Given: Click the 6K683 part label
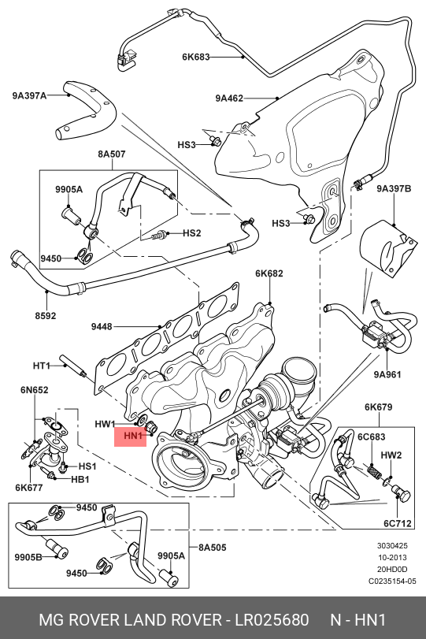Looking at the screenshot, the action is (195, 57).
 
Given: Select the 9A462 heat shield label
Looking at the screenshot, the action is (229, 98).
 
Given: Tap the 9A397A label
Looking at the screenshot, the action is (29, 96).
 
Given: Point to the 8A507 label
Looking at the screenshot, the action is (112, 154).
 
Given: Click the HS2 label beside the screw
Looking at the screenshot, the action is (192, 233).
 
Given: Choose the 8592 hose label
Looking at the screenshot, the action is (45, 315).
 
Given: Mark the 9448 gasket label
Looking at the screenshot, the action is (102, 326).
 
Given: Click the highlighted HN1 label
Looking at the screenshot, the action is (133, 436).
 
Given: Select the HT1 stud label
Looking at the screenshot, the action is (41, 366).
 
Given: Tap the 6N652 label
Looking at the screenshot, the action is (34, 390).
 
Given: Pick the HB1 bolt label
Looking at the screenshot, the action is (80, 479).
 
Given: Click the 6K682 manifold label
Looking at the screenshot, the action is (269, 273).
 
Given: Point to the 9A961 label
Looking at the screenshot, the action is (387, 374).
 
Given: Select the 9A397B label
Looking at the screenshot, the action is (394, 188).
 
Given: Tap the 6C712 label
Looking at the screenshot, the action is (398, 523).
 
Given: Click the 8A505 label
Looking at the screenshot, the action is (212, 548).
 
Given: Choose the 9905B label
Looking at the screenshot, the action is (28, 557).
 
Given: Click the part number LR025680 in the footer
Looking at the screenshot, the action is (271, 620).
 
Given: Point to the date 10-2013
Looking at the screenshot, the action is (392, 558).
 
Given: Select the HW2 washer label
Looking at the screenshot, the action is (391, 455).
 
